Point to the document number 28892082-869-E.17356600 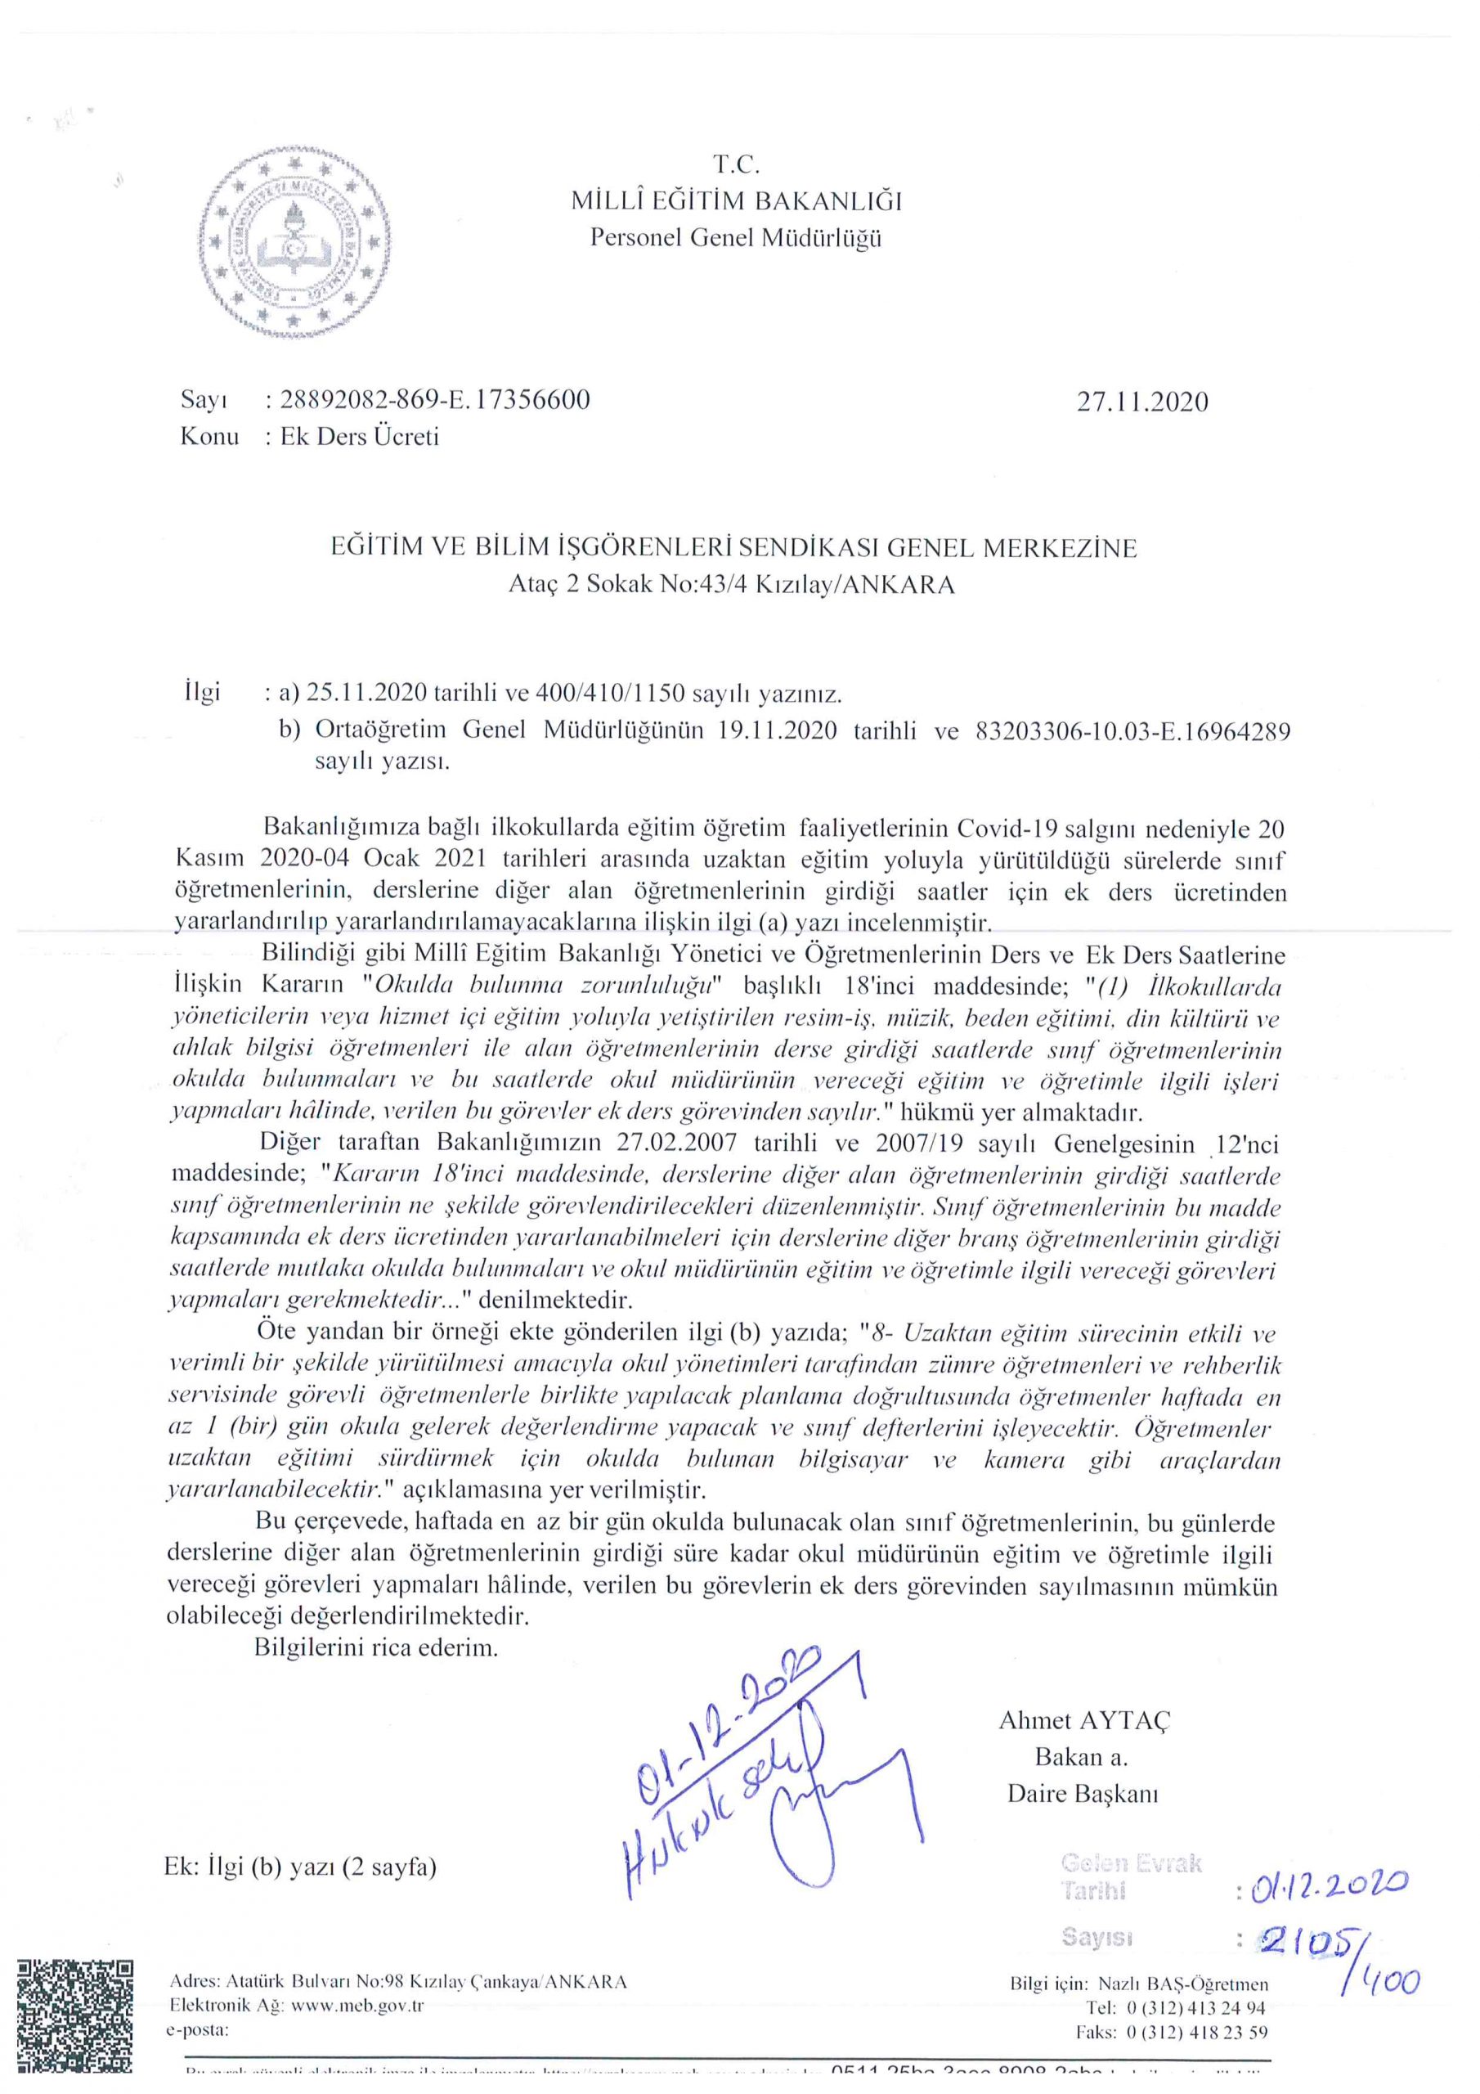[435, 399]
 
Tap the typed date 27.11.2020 [1141, 402]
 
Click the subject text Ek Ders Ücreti [359, 437]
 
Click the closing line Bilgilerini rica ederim [375, 1648]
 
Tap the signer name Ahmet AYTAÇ [1084, 1720]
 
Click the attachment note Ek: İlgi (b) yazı [300, 1866]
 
